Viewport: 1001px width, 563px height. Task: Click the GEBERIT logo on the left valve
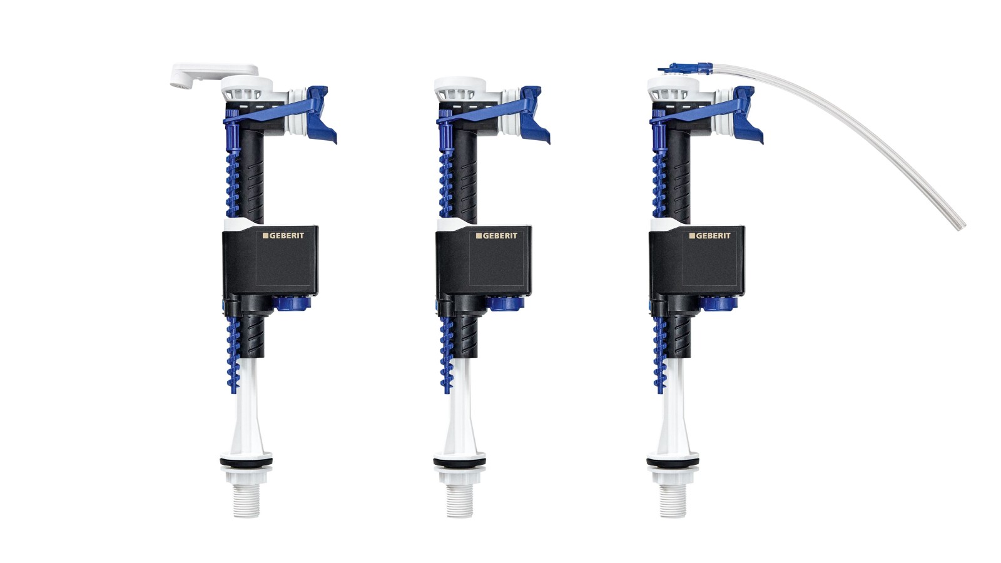click(x=283, y=235)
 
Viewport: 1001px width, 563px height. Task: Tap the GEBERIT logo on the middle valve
click(x=497, y=235)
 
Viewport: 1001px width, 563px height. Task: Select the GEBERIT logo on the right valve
click(x=709, y=235)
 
